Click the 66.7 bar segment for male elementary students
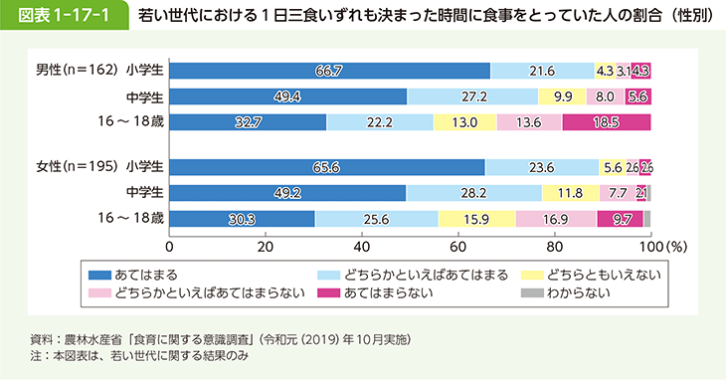coord(329,71)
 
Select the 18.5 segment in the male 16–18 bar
coord(606,122)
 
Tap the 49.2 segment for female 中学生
coord(287,193)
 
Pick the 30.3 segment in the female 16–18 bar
coord(242,219)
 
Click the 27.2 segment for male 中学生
coord(472,96)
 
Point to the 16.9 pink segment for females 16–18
coord(556,219)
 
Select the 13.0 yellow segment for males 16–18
coord(464,122)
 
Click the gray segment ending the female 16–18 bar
coord(647,219)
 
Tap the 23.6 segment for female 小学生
coord(542,167)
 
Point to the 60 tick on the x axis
coord(458,245)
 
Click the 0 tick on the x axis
coord(170,245)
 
